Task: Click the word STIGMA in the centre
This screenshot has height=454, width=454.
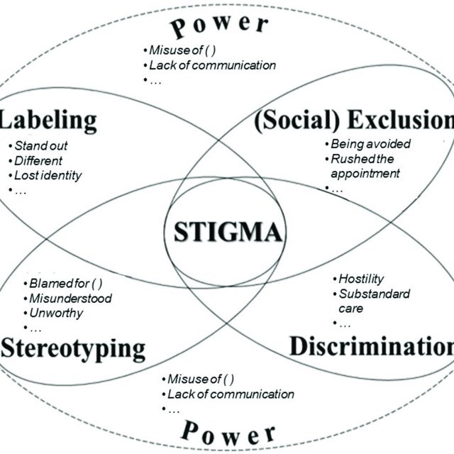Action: pyautogui.click(x=228, y=232)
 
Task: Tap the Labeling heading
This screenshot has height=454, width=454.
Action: pyautogui.click(x=48, y=121)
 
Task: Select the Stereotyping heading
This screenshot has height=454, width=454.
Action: pyautogui.click(x=73, y=349)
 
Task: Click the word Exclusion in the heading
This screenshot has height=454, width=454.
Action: pyautogui.click(x=401, y=119)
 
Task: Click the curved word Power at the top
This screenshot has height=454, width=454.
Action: pyautogui.click(x=220, y=26)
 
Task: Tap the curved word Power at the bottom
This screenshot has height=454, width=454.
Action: pyautogui.click(x=228, y=434)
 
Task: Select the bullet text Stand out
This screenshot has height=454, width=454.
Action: pyautogui.click(x=41, y=145)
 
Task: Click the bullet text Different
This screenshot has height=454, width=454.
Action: pyautogui.click(x=38, y=161)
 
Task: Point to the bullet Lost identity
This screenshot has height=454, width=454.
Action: pyautogui.click(x=48, y=176)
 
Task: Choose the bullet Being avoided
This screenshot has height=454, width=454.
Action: pyautogui.click(x=370, y=144)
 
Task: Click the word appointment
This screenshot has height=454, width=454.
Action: pyautogui.click(x=365, y=174)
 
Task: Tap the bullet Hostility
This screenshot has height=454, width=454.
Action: pyautogui.click(x=361, y=279)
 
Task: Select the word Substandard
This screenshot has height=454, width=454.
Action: pyautogui.click(x=375, y=294)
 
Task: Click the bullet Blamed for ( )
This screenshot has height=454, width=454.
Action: pyautogui.click(x=66, y=284)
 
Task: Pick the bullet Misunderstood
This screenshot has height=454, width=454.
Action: pyautogui.click(x=71, y=299)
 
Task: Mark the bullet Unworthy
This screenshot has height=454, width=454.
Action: pyautogui.click(x=56, y=314)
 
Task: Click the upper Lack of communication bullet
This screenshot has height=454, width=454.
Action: pyautogui.click(x=213, y=65)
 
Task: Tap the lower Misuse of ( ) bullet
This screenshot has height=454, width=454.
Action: pyautogui.click(x=201, y=379)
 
